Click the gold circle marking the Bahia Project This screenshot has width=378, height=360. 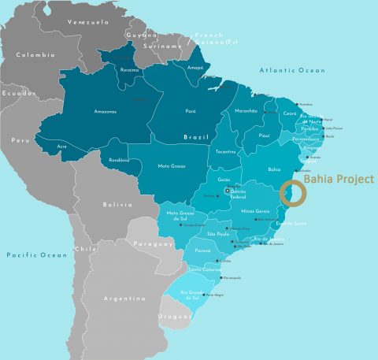(291, 194)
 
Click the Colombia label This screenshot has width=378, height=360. (35, 55)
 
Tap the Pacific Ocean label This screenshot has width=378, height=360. (36, 255)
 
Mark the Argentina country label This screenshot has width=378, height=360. (124, 299)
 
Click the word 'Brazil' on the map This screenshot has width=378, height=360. (195, 137)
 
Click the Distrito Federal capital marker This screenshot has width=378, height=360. (228, 191)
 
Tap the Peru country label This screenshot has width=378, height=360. (19, 139)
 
